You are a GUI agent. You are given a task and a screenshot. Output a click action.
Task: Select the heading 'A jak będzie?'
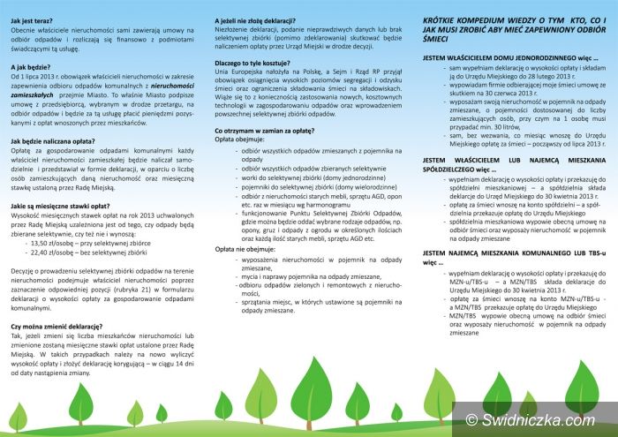pyautogui.click(x=31, y=66)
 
